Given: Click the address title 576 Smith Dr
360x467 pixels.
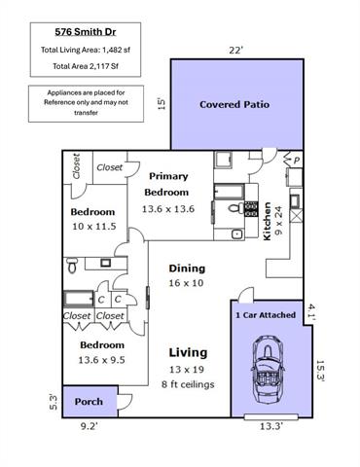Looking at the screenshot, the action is [x=86, y=32].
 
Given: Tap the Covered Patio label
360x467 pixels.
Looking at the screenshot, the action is [x=234, y=104].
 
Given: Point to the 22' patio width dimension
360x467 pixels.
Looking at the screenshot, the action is [x=235, y=51].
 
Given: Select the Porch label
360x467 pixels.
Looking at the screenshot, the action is [x=89, y=402].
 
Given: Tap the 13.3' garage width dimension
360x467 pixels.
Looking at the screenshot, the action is [x=271, y=426].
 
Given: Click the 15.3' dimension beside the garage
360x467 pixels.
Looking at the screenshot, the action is [x=320, y=370].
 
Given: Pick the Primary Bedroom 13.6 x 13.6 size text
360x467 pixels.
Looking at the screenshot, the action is [x=168, y=209].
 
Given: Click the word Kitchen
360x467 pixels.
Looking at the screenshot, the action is [x=267, y=222].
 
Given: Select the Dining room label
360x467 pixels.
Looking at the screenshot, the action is [x=187, y=269].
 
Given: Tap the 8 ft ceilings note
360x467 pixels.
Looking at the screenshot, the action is [x=188, y=384].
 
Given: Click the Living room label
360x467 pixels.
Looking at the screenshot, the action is [x=188, y=352].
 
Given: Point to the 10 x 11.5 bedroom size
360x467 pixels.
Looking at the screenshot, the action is [x=94, y=227].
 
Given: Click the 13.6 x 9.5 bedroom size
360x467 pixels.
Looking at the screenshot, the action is [x=101, y=360].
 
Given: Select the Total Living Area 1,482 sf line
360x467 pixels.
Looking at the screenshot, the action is [x=86, y=50].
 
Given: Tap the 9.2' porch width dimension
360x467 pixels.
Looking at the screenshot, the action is [x=89, y=426].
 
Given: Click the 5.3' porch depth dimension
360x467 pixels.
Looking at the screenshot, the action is [x=54, y=402].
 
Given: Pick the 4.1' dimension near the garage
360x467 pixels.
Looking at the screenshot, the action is [x=311, y=312].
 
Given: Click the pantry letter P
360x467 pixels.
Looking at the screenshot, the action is [x=297, y=161].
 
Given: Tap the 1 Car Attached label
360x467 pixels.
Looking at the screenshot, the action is [x=266, y=315].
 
